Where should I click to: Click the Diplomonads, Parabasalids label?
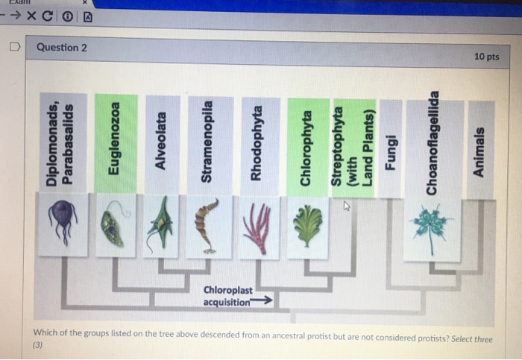60,142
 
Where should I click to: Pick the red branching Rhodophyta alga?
257,227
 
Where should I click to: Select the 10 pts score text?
486,57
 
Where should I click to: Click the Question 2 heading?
62,48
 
